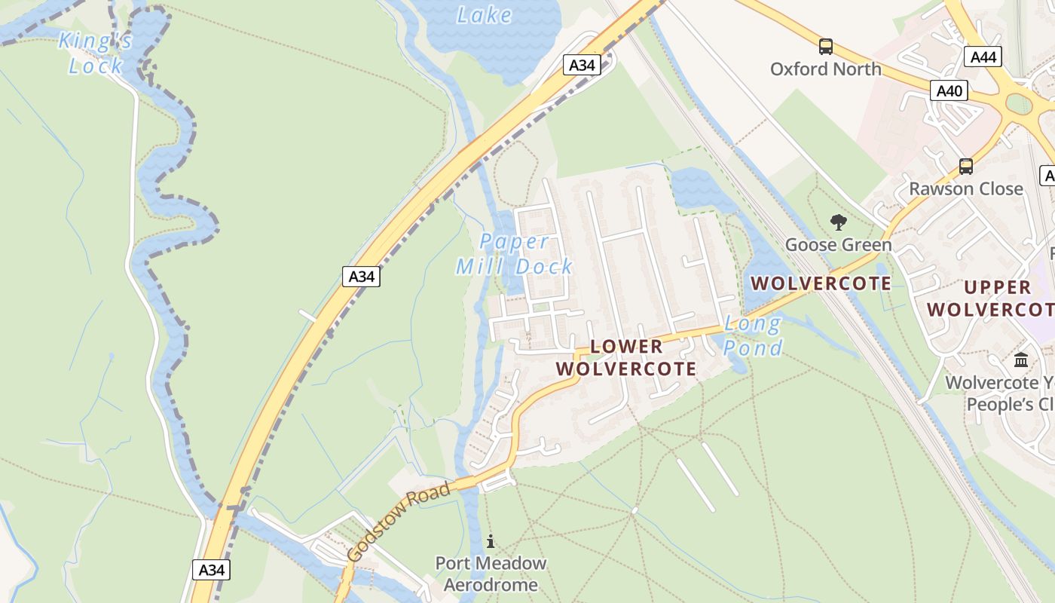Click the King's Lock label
[96, 53]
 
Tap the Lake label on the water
[484, 14]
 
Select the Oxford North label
[825, 69]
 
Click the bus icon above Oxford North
[826, 47]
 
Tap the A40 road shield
[949, 90]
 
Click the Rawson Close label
[965, 188]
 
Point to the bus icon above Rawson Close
[965, 167]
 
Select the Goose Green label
[838, 244]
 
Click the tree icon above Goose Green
[838, 222]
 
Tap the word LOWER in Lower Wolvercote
[626, 346]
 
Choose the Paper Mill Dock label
[515, 254]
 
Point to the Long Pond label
[753, 336]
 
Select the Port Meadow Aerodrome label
[491, 574]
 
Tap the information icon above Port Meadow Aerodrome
[491, 541]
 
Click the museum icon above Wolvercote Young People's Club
[1021, 360]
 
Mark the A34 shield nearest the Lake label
[582, 65]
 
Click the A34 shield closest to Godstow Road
[211, 570]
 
